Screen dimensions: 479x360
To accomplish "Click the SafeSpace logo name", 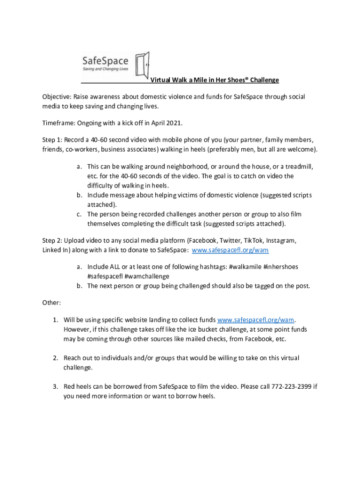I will [x=105, y=61].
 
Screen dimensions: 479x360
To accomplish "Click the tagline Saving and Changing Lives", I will [x=105, y=69].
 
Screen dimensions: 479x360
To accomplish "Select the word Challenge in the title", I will [x=264, y=80].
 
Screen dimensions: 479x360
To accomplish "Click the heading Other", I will [x=51, y=303].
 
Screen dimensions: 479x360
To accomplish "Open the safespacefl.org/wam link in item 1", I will [x=256, y=320].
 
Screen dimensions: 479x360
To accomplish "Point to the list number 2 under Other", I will [x=55, y=358].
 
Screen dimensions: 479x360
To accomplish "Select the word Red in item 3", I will [x=70, y=386].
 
